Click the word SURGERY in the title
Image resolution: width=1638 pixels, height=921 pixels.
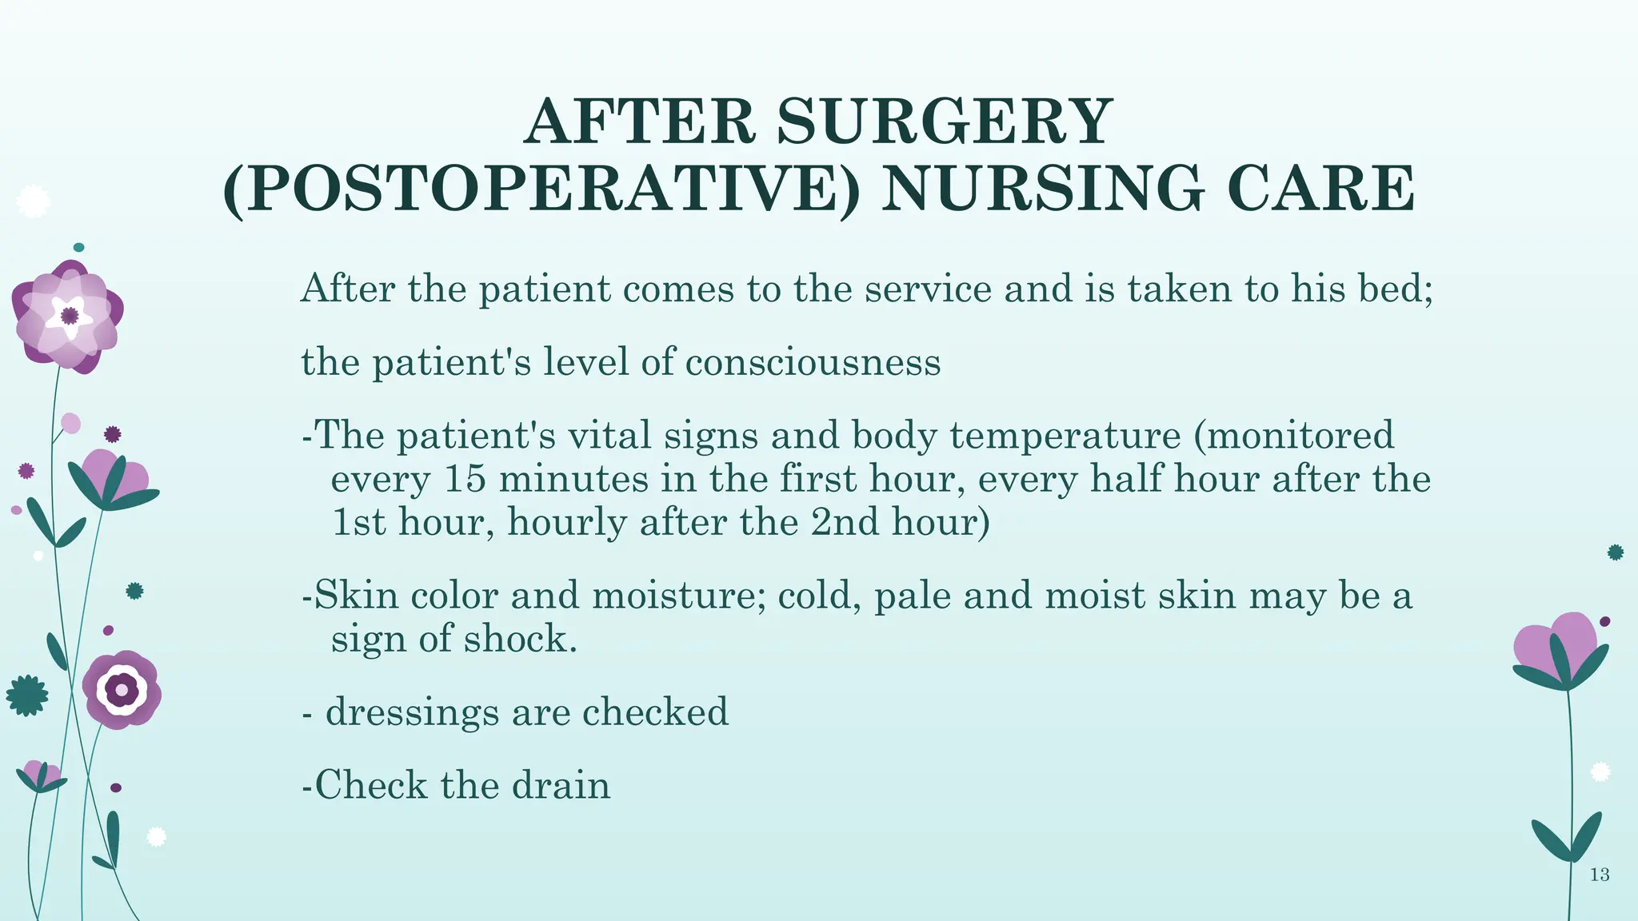tap(944, 122)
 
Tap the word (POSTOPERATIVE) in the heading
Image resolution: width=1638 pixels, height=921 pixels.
tap(541, 189)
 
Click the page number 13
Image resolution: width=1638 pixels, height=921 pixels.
tap(1600, 875)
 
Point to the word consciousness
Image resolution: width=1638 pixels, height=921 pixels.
tap(813, 362)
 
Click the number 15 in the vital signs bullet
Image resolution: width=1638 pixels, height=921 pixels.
tap(464, 479)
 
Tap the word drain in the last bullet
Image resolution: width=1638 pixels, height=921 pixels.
tap(561, 785)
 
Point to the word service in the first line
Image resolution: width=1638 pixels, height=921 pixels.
tap(928, 289)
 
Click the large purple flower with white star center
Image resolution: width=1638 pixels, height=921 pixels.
tap(69, 317)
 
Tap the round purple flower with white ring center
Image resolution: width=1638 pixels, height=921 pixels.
tap(122, 689)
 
